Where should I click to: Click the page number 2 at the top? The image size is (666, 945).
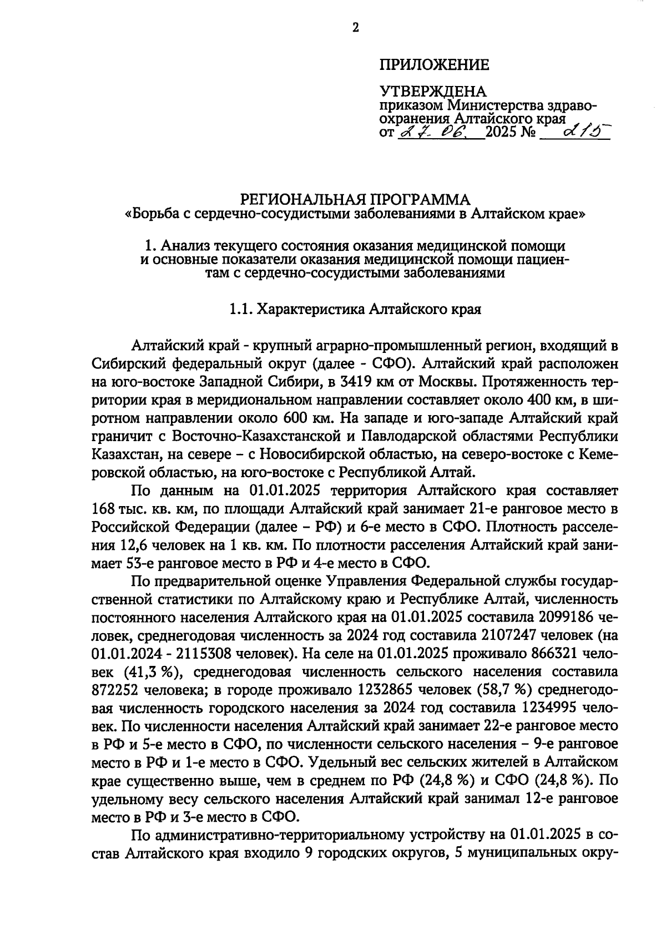tap(355, 27)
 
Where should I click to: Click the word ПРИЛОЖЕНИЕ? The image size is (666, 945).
tap(434, 65)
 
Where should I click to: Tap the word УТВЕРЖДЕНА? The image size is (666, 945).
tap(432, 92)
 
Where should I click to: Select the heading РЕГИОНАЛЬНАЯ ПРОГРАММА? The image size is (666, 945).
tap(354, 199)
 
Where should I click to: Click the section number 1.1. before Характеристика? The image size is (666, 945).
tap(241, 310)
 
